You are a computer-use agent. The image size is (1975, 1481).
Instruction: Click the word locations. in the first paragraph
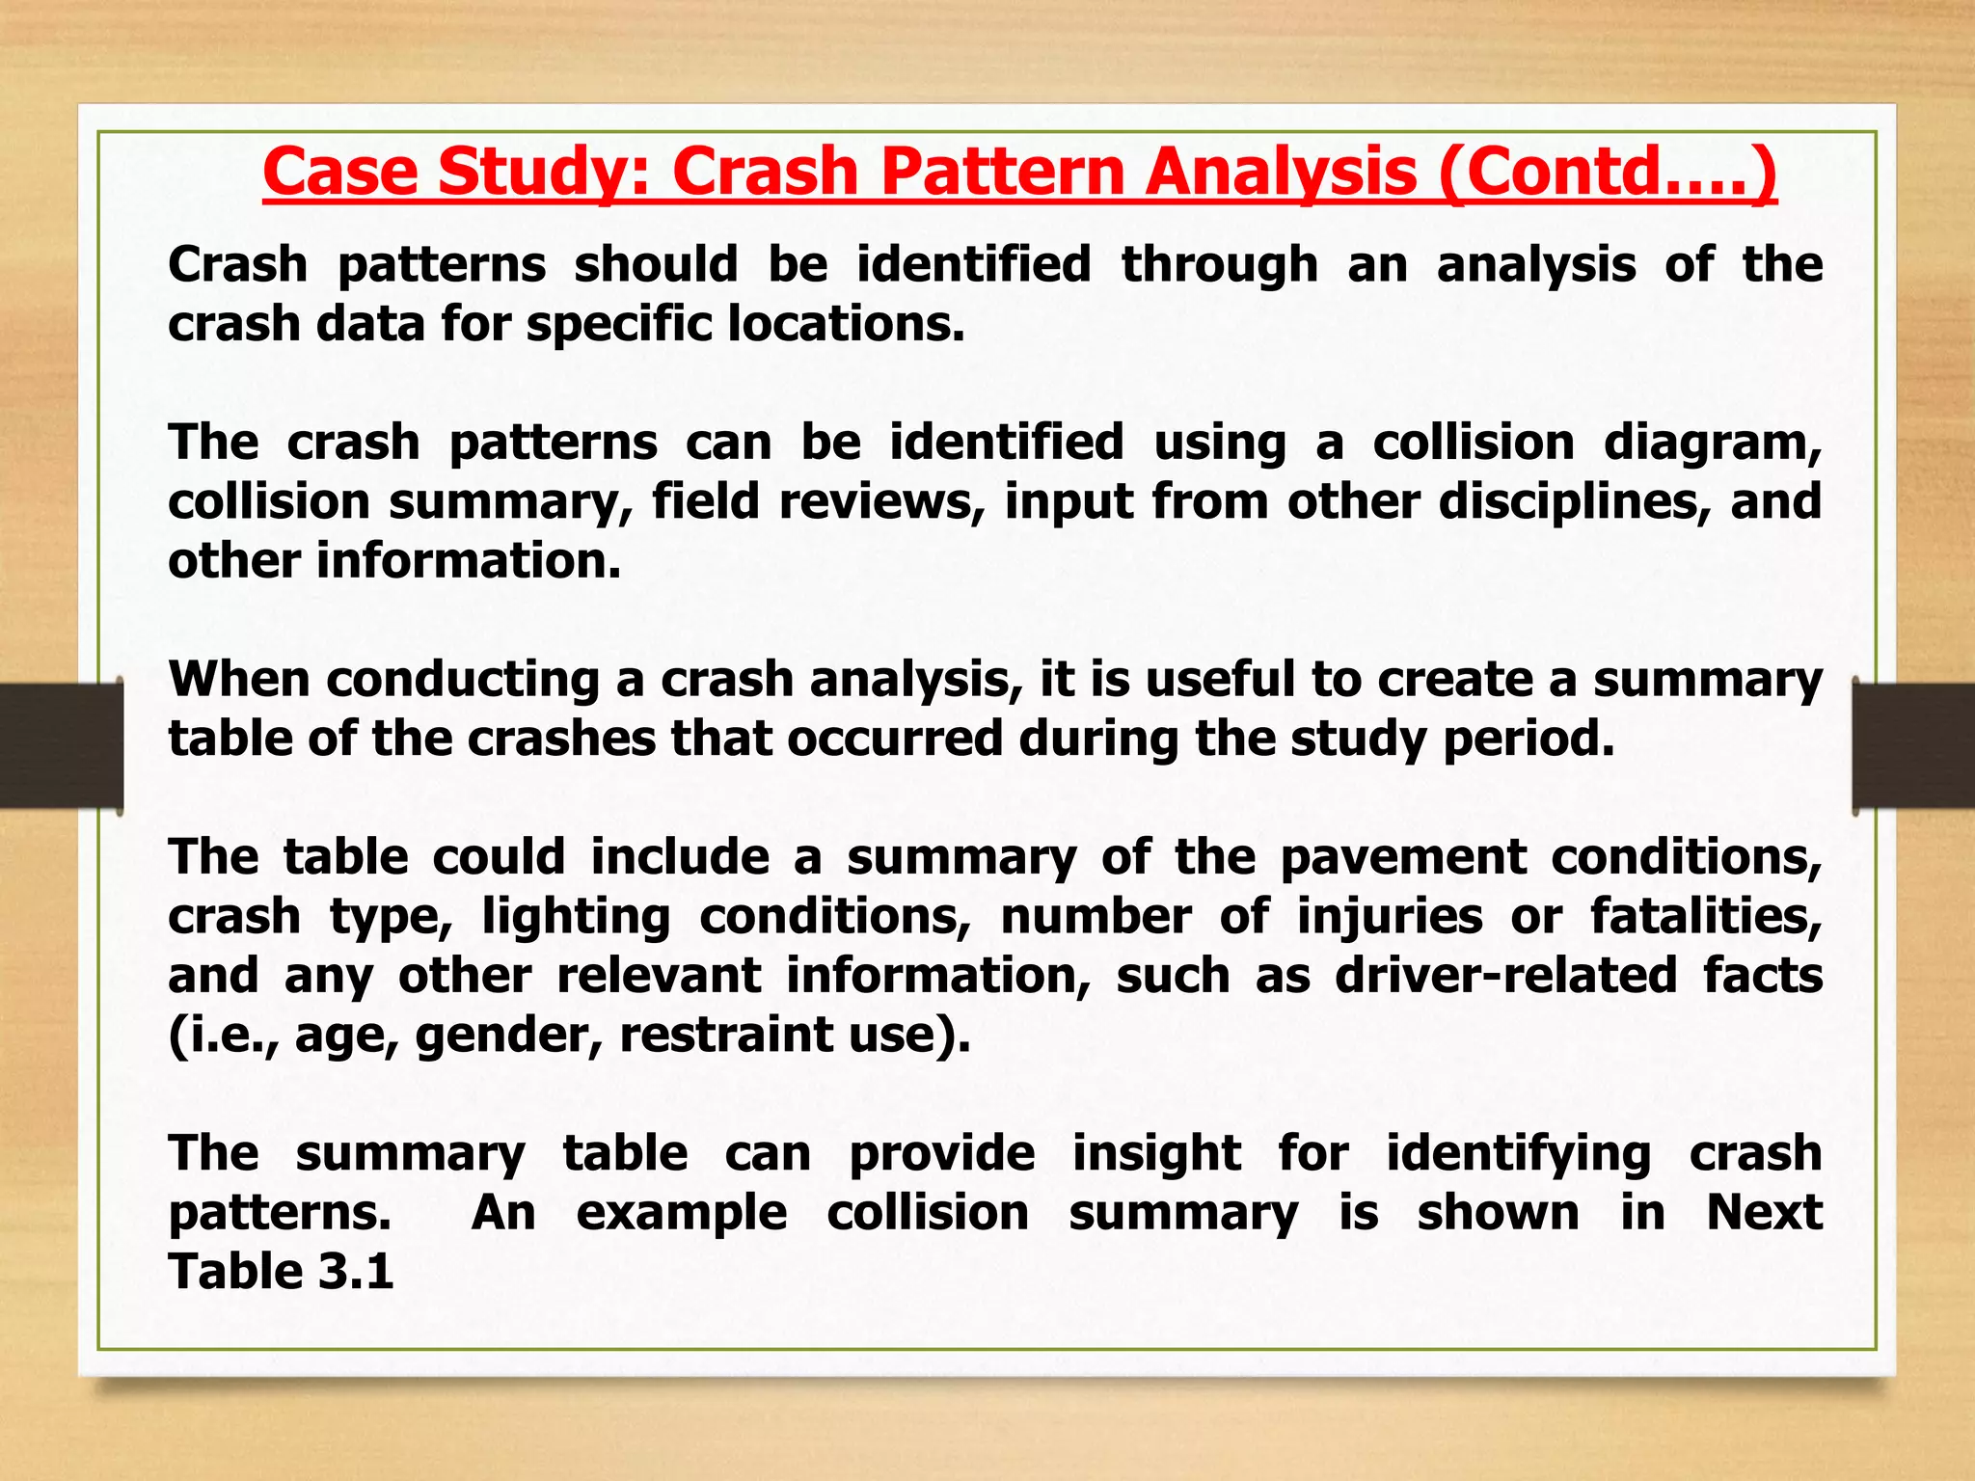tap(846, 323)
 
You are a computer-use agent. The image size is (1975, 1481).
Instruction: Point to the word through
tap(1219, 264)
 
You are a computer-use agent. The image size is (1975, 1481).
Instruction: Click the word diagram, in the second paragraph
tap(1713, 443)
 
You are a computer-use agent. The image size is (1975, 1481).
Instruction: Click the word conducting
tap(464, 679)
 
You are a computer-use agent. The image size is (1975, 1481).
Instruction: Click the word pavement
tap(1403, 856)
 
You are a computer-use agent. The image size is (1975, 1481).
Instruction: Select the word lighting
tap(576, 916)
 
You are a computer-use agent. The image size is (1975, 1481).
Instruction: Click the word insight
tap(1156, 1153)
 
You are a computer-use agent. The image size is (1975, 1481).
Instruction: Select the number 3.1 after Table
tap(356, 1272)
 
